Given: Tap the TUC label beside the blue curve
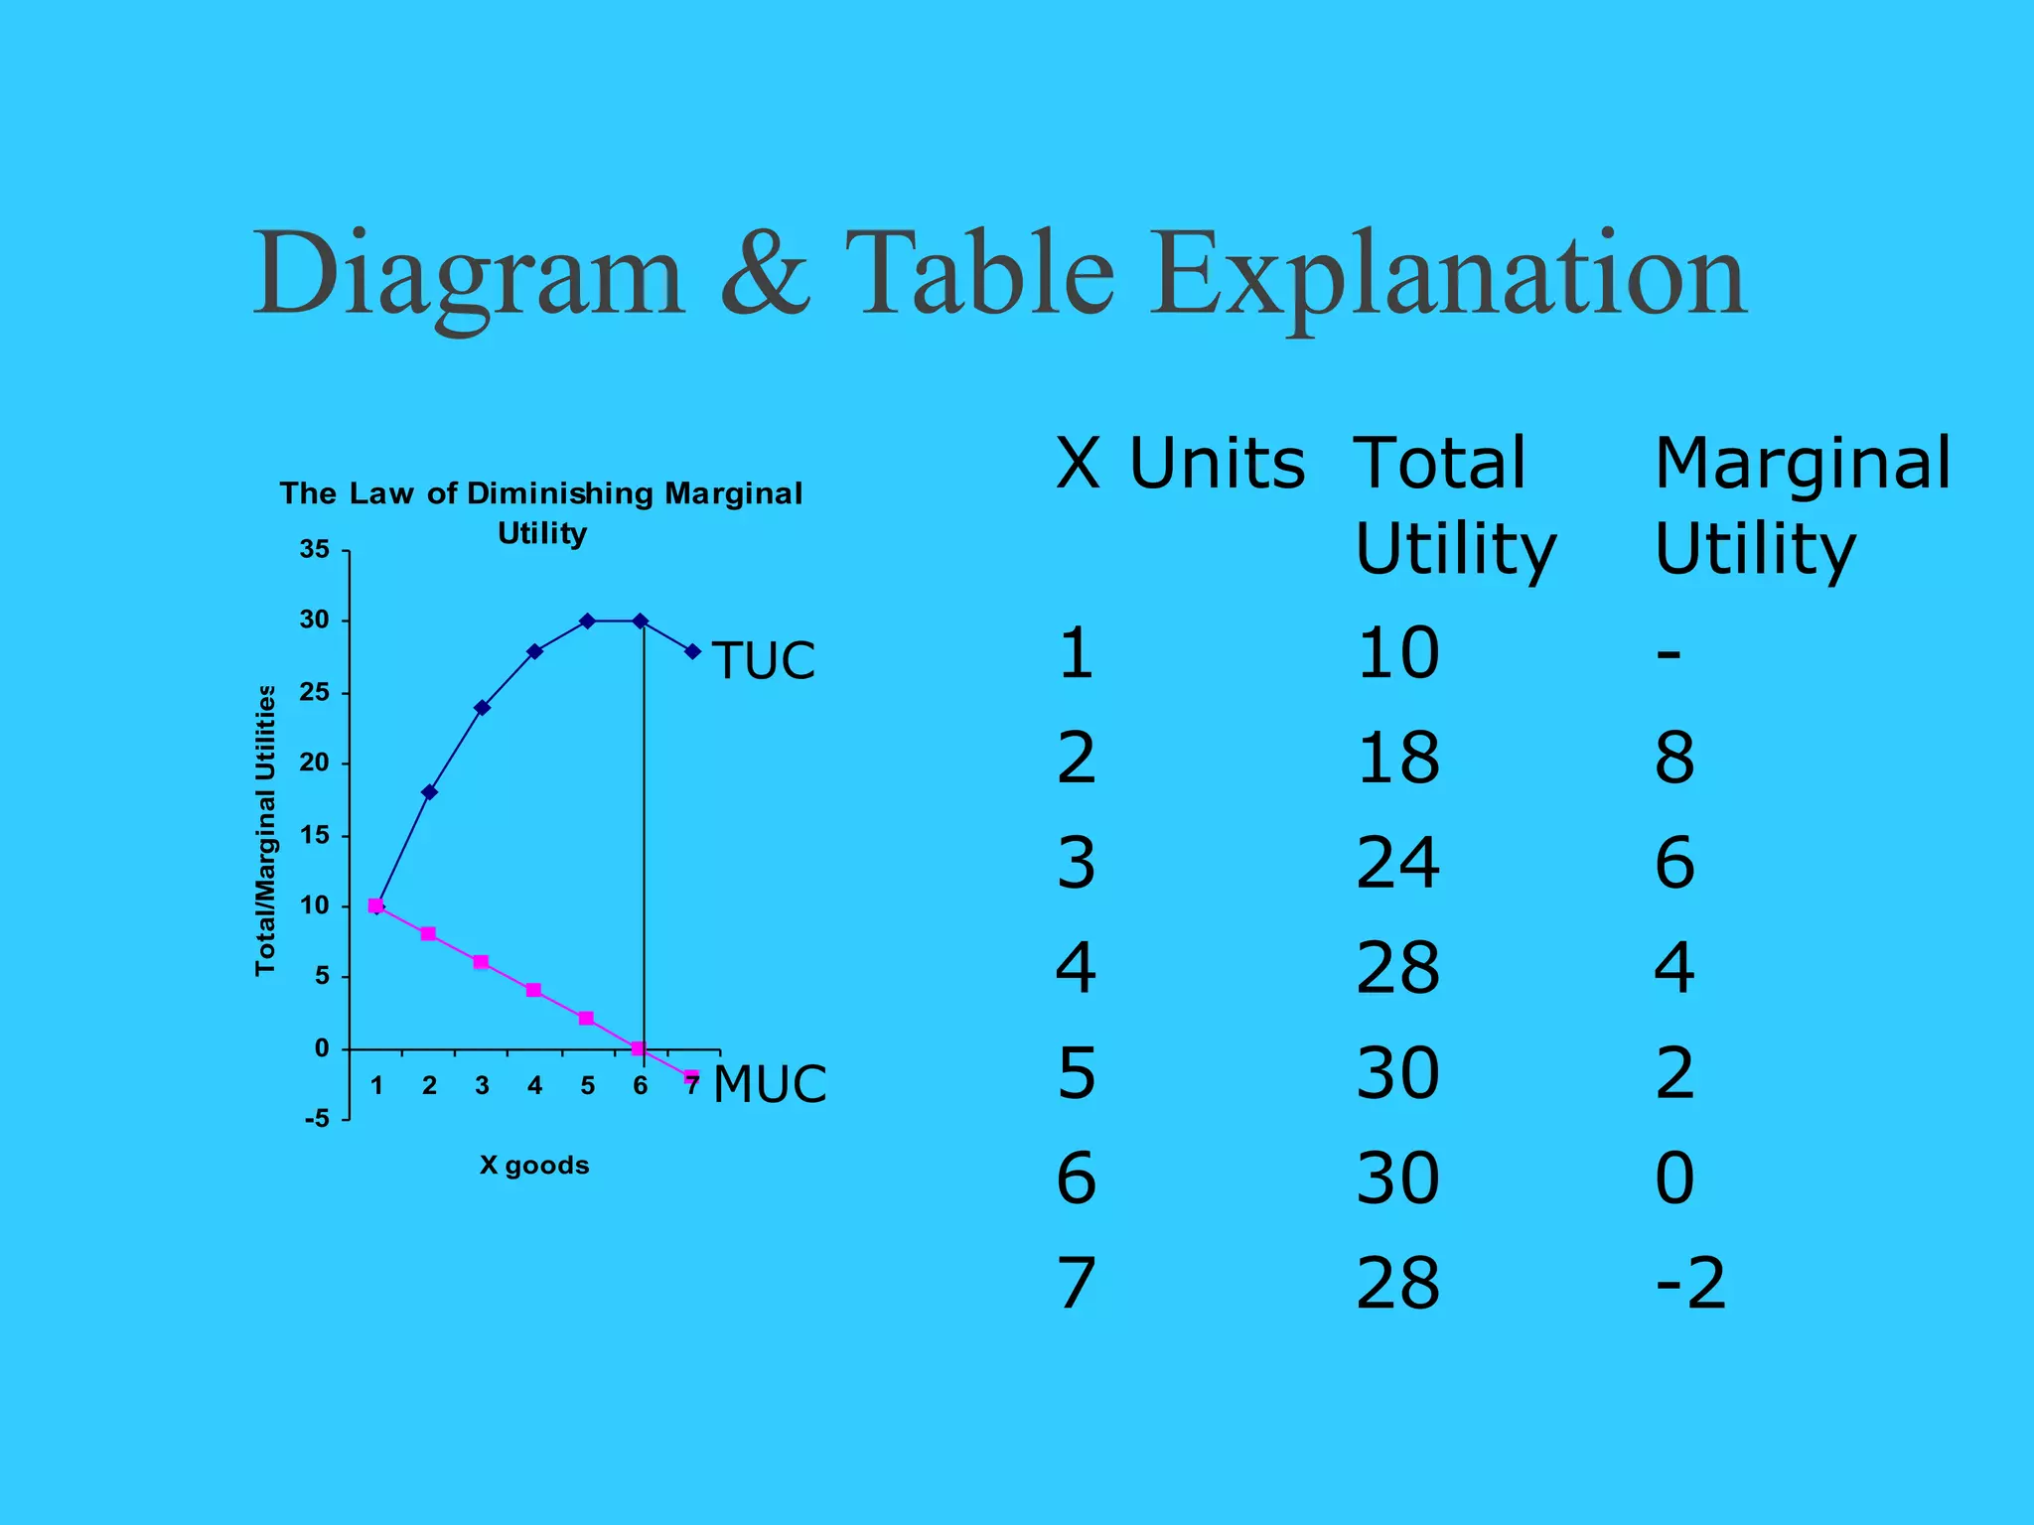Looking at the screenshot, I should [x=763, y=660].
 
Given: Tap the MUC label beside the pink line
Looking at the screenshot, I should [x=770, y=1083].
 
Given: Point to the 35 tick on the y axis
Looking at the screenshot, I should [x=315, y=549].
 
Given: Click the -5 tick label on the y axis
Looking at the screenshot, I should [x=317, y=1119].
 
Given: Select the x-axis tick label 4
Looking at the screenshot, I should [x=534, y=1085].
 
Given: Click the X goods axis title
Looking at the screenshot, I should [x=534, y=1165].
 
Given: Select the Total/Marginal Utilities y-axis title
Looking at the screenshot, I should [x=265, y=830].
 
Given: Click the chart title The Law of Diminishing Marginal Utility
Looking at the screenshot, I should [x=541, y=511].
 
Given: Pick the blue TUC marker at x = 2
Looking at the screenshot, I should [x=429, y=792].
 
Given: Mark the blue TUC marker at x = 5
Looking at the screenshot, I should [x=587, y=622].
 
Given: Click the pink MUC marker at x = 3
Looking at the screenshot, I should [x=481, y=962].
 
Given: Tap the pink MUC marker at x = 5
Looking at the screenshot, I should [x=586, y=1019].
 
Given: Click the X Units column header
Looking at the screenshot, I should [x=1180, y=464].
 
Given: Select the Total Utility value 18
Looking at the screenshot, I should [x=1397, y=758].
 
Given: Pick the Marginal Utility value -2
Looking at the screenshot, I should [x=1690, y=1283].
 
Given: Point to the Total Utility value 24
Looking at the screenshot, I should [x=1397, y=863].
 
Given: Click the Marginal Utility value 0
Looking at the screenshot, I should [x=1674, y=1178].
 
